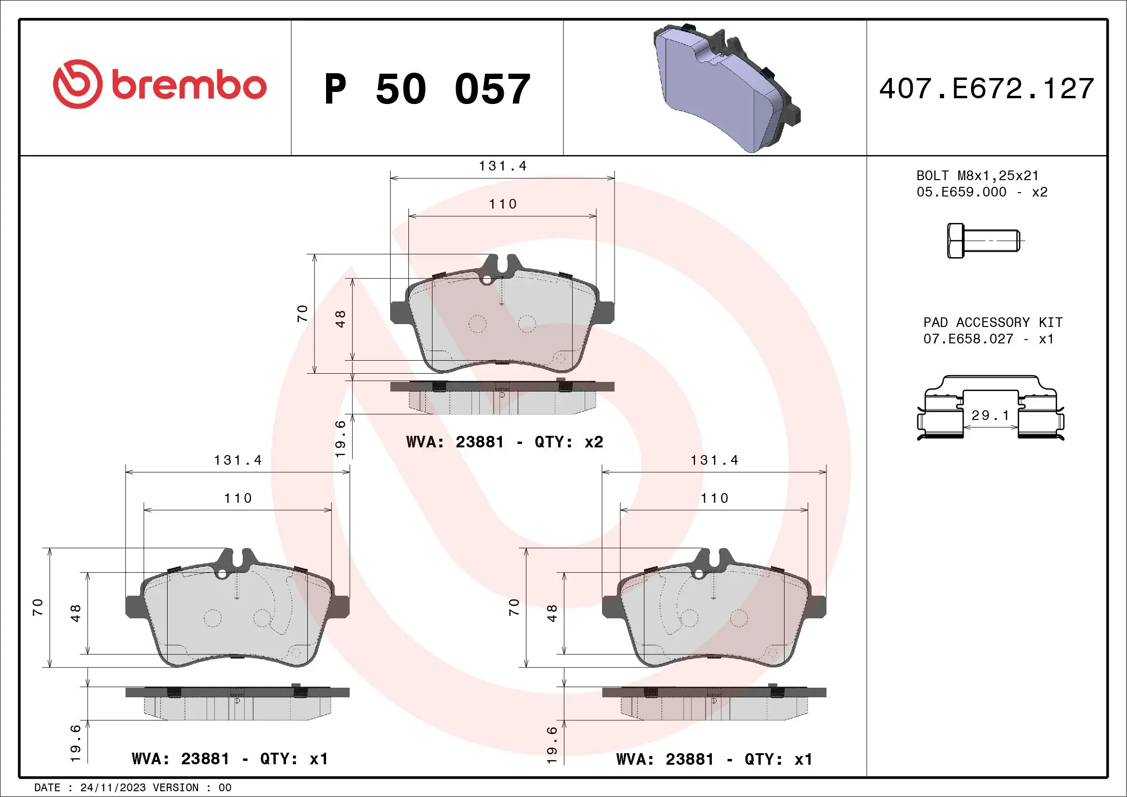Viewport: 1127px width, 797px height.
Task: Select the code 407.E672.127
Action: [x=987, y=89]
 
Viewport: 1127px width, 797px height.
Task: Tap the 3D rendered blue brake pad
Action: [x=721, y=88]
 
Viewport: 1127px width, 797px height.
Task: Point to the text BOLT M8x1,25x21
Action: [x=977, y=176]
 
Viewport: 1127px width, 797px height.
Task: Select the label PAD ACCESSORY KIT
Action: [x=993, y=323]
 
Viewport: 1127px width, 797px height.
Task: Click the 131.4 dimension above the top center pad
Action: [x=503, y=166]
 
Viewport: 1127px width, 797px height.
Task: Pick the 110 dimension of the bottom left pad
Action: [x=238, y=498]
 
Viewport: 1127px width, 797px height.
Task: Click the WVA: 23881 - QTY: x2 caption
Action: [x=505, y=442]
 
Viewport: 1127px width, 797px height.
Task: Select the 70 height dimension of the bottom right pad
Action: [x=514, y=607]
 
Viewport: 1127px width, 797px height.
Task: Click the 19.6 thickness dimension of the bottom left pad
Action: [x=75, y=744]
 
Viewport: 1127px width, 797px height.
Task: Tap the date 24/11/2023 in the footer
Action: [x=113, y=788]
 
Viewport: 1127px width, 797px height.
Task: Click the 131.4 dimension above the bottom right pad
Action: [x=714, y=460]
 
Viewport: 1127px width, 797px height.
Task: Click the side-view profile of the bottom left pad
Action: [x=237, y=703]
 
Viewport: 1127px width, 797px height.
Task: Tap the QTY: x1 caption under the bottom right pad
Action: [x=778, y=759]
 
